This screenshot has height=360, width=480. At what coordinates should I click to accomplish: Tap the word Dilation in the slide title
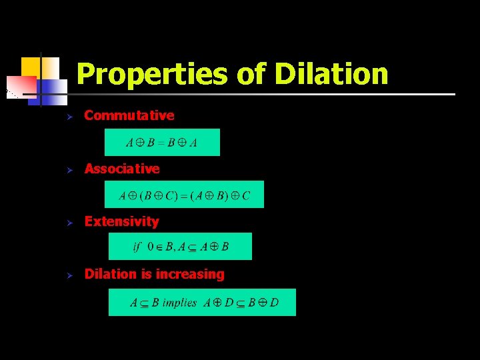(331, 73)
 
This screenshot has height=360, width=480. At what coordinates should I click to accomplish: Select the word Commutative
(129, 115)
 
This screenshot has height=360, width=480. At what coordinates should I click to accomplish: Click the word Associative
(122, 169)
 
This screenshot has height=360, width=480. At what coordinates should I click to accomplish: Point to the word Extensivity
(122, 221)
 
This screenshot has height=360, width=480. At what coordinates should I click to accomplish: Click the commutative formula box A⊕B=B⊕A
(162, 142)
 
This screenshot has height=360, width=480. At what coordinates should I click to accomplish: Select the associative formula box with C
(184, 195)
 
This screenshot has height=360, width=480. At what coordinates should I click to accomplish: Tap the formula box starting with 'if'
(180, 247)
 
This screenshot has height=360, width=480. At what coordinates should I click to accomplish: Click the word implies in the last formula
(179, 303)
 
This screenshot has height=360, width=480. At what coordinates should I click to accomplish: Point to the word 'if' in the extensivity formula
(137, 247)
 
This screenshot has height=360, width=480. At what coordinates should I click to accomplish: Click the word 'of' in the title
(251, 74)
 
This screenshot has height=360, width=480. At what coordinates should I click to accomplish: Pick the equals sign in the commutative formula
(161, 143)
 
